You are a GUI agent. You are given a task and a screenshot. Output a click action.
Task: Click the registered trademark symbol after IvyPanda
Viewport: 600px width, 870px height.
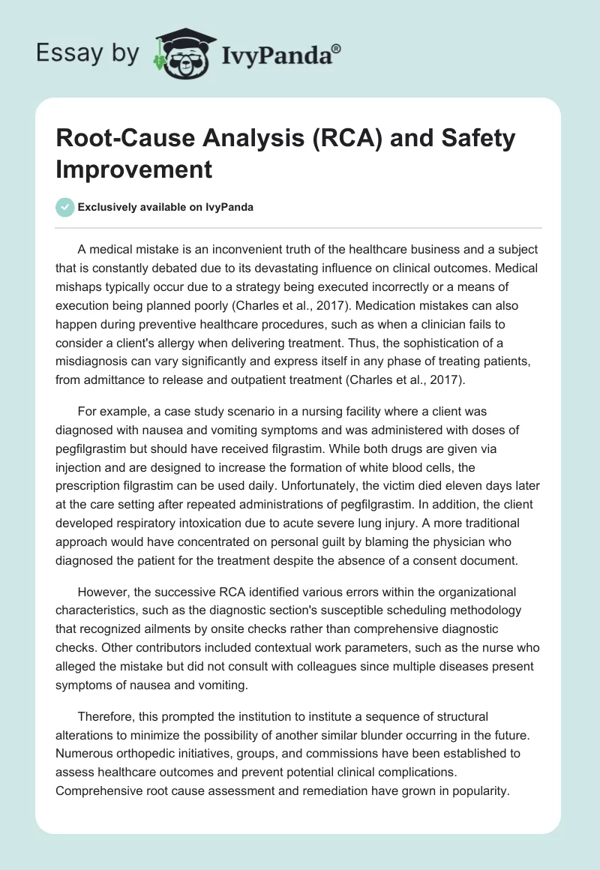336,47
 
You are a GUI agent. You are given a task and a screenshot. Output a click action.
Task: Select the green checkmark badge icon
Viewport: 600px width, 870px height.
65,208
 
